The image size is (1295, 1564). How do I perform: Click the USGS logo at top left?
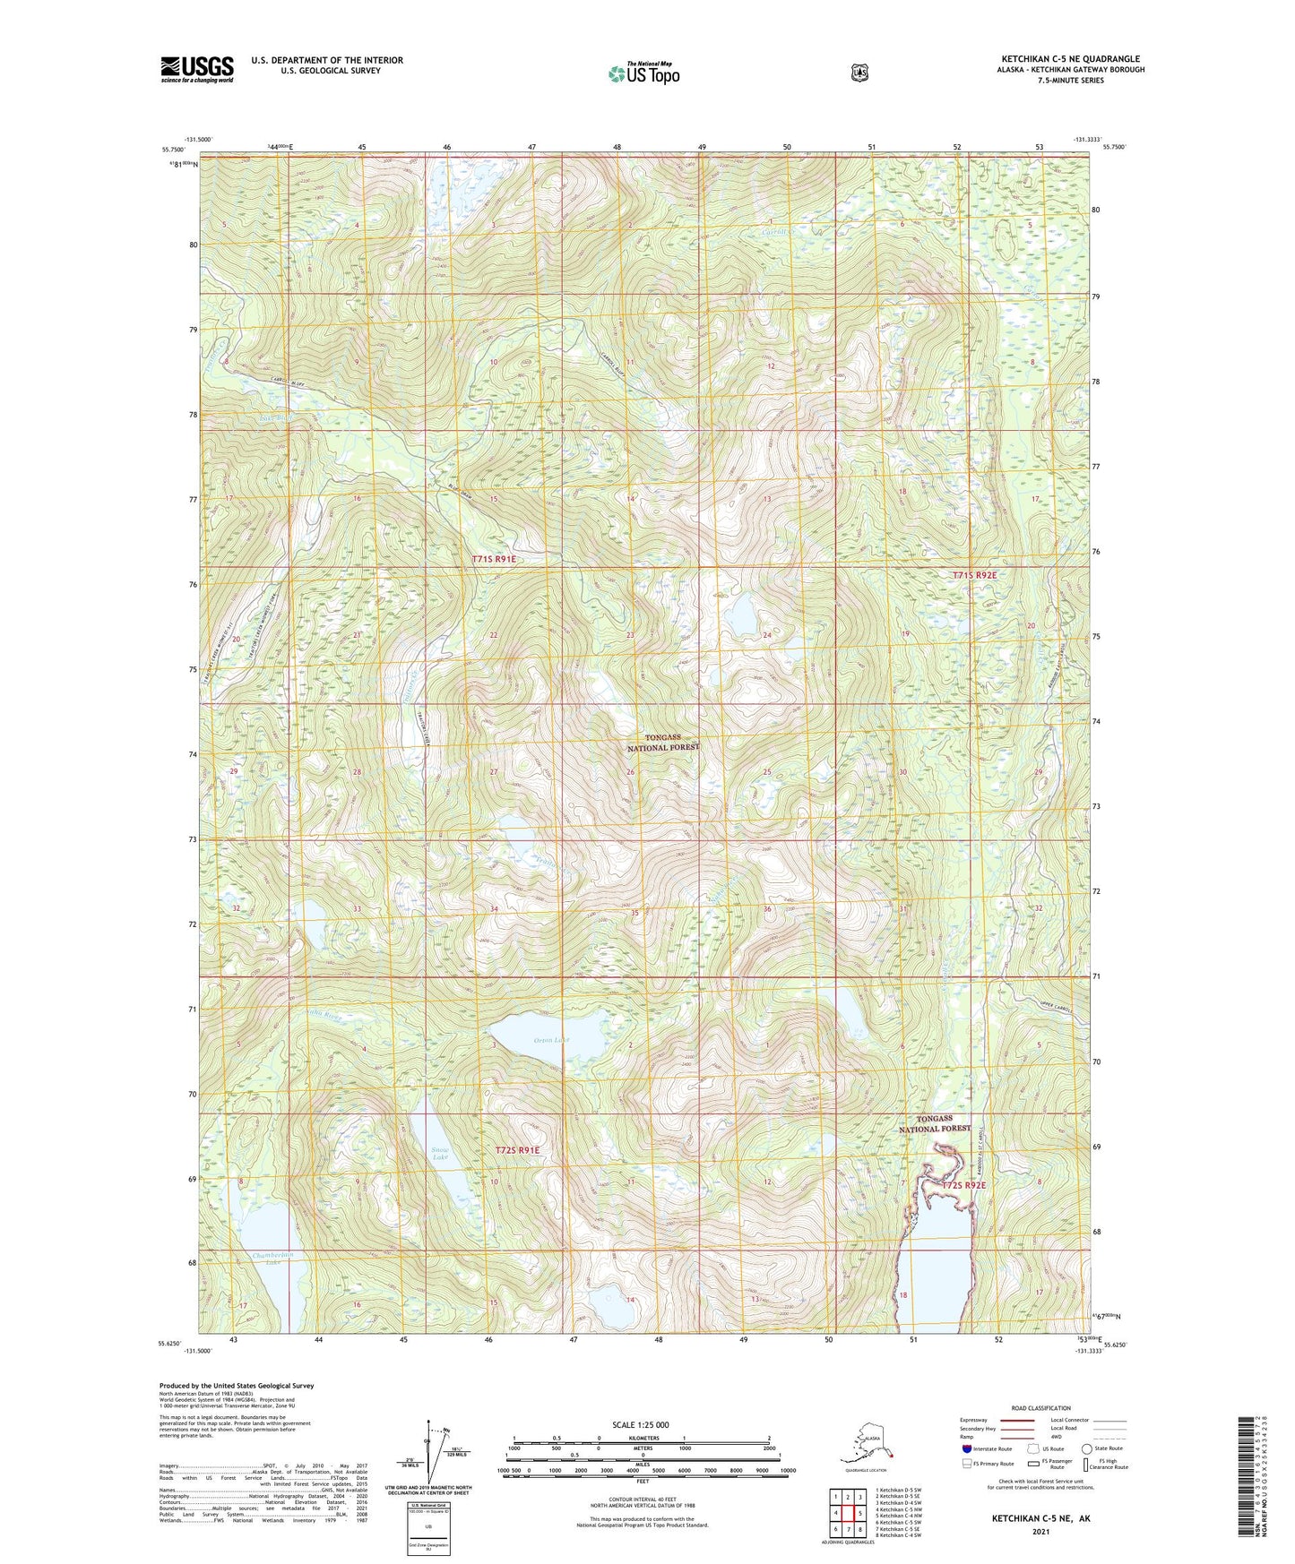197,69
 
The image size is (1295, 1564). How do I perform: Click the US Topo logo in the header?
643,73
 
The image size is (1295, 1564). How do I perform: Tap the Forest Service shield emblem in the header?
859,73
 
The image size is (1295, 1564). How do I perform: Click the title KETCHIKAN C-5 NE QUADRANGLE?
1072,59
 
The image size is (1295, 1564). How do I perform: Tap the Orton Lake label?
551,1040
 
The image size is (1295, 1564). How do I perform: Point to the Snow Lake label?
440,1154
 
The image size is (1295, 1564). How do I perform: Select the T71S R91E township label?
494,559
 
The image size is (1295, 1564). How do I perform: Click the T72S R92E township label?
964,1185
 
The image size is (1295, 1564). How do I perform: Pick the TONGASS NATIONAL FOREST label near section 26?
662,742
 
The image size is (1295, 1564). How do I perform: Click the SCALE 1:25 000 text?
640,1424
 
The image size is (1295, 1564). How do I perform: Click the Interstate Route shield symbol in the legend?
966,1448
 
